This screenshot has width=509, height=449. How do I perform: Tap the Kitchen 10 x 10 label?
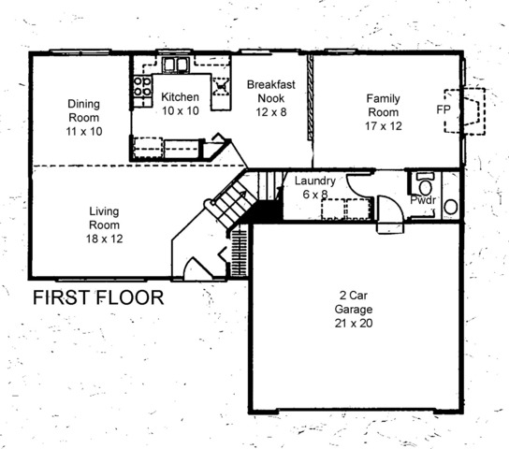click(x=181, y=104)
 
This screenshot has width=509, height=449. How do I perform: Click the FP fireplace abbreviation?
click(x=444, y=109)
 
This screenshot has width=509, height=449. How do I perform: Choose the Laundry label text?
click(x=315, y=181)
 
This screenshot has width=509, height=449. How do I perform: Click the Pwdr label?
click(x=423, y=200)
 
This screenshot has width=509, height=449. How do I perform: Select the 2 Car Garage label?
click(x=354, y=302)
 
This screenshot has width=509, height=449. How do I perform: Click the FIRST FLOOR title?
click(x=98, y=297)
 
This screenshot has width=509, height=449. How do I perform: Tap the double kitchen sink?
click(x=176, y=65)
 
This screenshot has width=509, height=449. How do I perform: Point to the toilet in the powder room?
click(x=425, y=184)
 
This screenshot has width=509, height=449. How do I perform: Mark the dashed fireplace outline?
click(x=464, y=110)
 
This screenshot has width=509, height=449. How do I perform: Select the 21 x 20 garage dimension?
click(x=354, y=323)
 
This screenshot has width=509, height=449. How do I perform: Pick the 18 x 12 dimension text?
click(x=104, y=239)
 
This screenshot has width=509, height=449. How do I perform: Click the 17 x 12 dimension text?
click(x=383, y=126)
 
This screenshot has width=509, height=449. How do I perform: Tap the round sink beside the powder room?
click(x=451, y=207)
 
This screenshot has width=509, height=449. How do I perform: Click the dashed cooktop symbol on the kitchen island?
click(x=221, y=86)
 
